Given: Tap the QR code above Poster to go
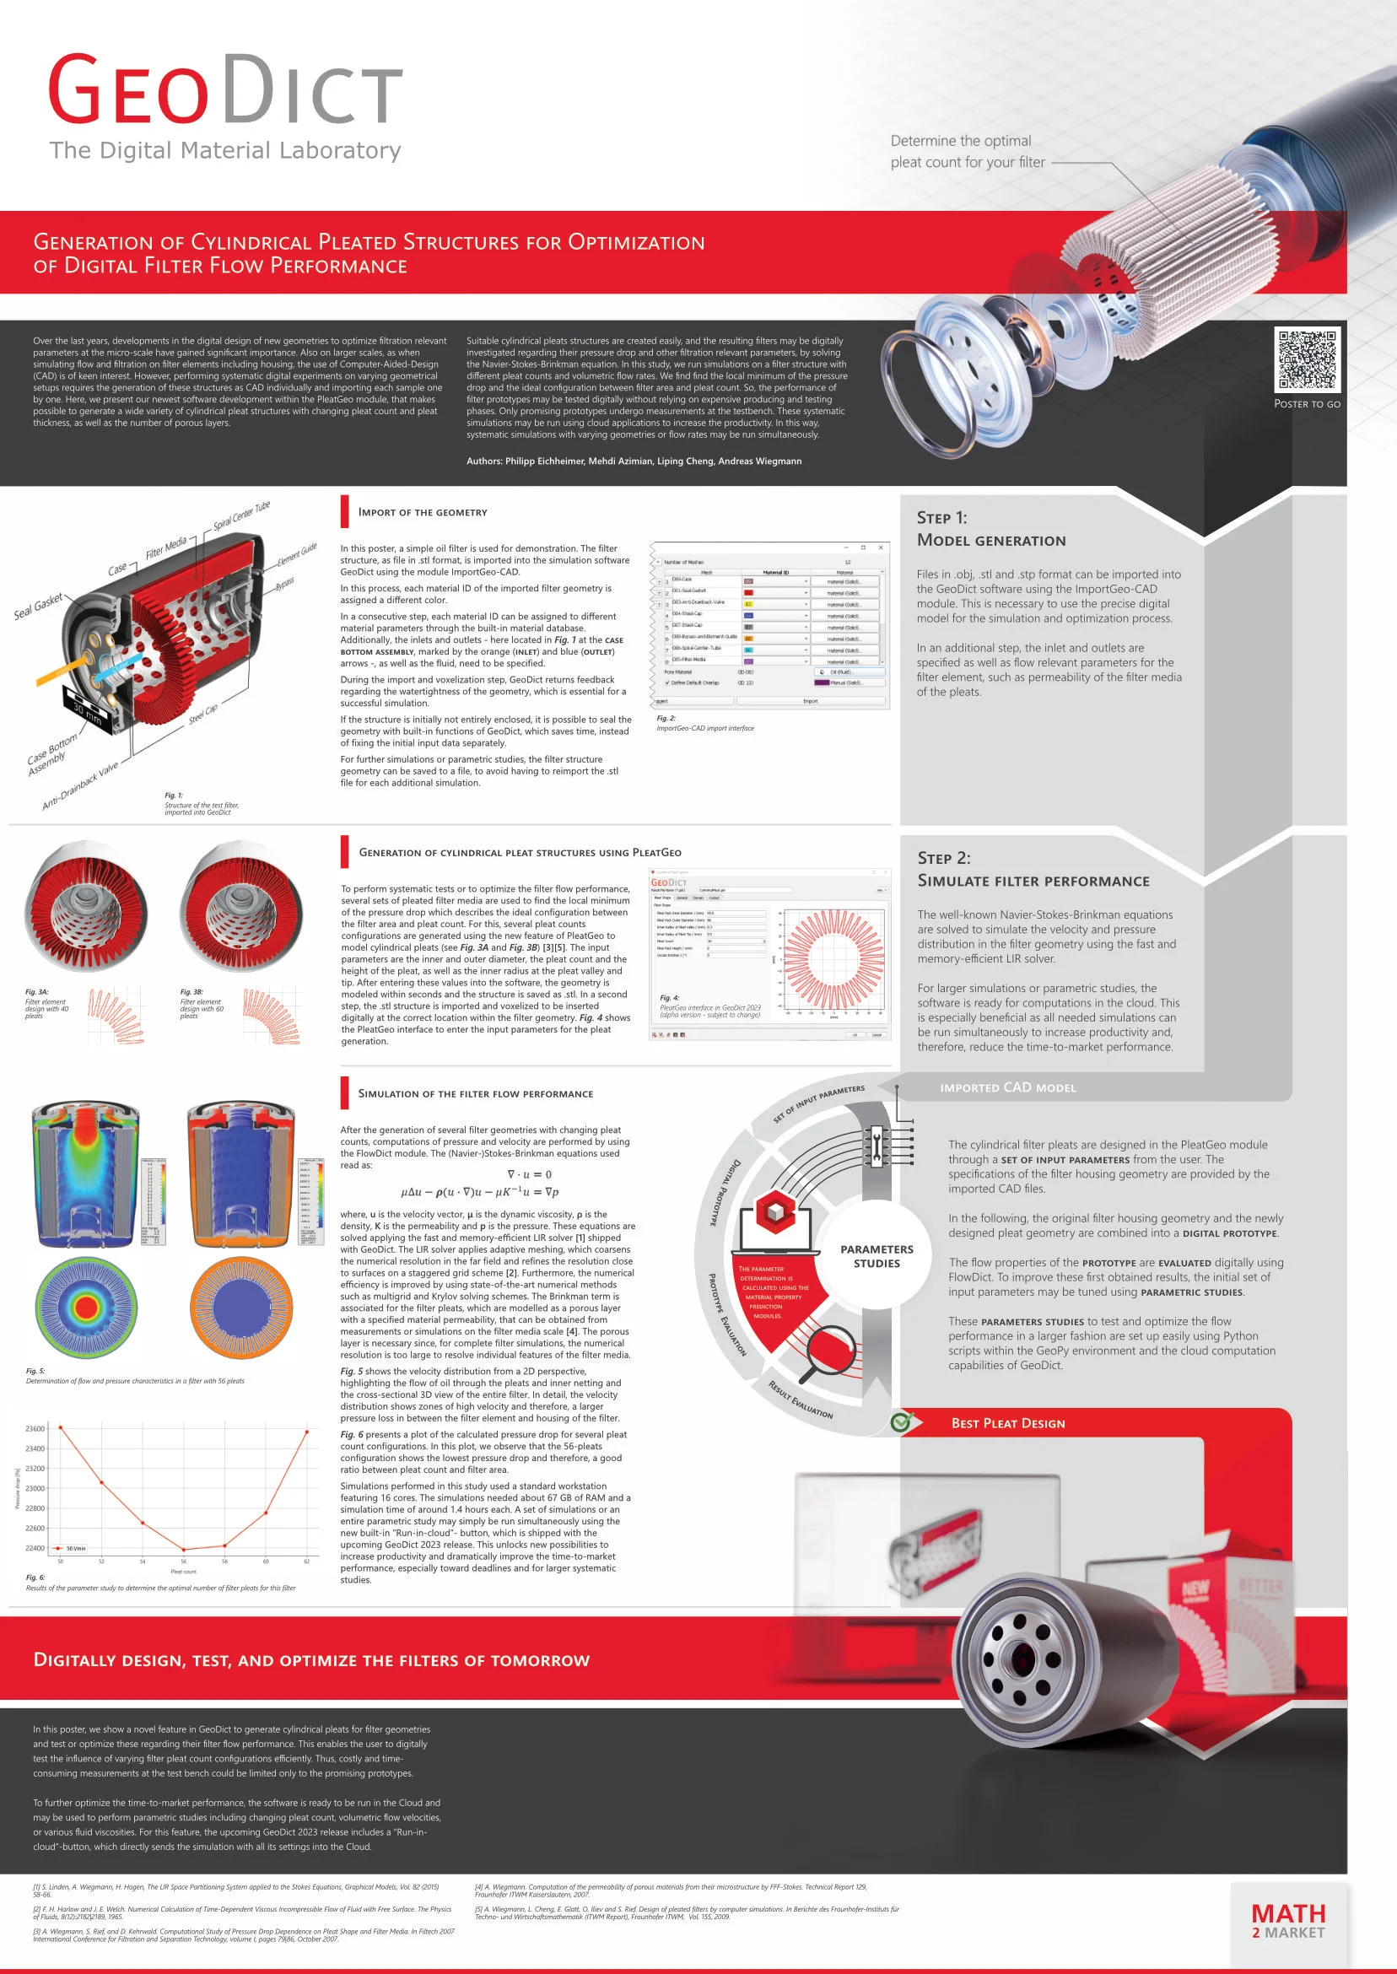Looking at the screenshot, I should (1306, 360).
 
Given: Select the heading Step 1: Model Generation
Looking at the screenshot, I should (991, 529).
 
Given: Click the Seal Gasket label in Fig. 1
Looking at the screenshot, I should (37, 607).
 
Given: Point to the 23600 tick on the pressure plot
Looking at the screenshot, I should (35, 1429).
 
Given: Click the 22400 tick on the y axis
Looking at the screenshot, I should (35, 1548).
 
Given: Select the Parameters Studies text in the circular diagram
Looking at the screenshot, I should (876, 1256).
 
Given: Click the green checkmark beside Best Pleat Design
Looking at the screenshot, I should (901, 1421).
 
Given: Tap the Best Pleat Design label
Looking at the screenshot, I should (1007, 1423).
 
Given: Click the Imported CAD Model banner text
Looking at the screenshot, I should (1007, 1088).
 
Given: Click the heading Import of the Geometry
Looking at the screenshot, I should (423, 513).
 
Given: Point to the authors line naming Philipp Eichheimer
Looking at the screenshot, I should (634, 461).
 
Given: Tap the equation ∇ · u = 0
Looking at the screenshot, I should (529, 1174).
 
